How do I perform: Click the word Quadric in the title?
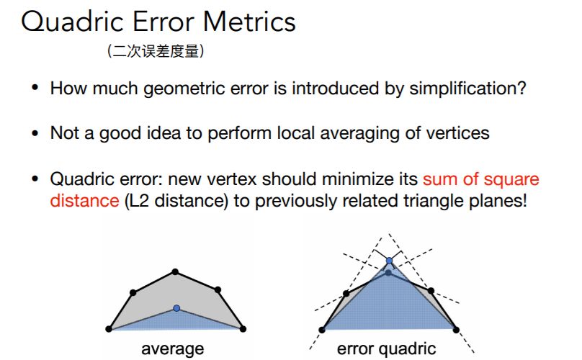tap(72, 22)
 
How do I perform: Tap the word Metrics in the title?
tap(249, 22)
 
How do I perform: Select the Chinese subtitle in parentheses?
tap(156, 51)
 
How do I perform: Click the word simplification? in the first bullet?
tap(467, 89)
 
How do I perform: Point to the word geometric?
tap(184, 89)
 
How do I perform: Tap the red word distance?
tap(84, 201)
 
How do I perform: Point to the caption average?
tap(173, 349)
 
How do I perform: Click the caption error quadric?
tap(386, 349)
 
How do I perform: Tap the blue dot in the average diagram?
tap(176, 308)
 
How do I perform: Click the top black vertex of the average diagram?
tap(175, 272)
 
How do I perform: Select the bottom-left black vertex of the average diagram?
tap(109, 329)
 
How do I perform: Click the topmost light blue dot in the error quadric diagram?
tap(389, 261)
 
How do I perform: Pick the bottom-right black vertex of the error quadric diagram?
tap(456, 330)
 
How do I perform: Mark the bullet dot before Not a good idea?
tap(35, 133)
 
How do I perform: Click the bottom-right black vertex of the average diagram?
tap(243, 329)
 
